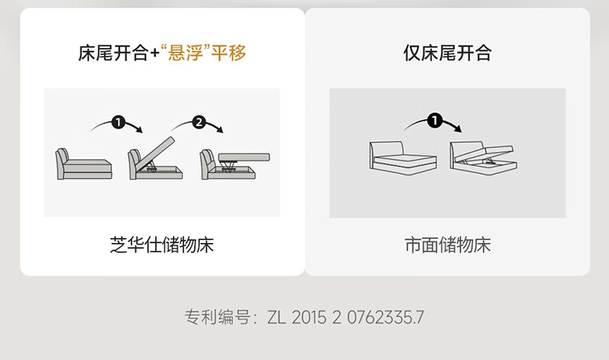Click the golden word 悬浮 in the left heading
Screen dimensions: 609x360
[x=185, y=53]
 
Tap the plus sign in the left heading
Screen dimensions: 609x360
[x=154, y=54]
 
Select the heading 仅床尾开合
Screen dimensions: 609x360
[x=447, y=53]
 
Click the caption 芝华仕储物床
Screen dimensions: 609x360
[x=162, y=245]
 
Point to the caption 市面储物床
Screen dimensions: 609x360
[x=447, y=245]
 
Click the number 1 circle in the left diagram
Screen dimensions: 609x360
[x=118, y=123]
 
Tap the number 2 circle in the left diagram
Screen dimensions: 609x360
[x=199, y=123]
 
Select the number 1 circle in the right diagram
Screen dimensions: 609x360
[x=434, y=120]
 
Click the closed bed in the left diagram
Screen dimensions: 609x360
[x=84, y=163]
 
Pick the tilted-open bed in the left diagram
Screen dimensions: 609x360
[x=155, y=159]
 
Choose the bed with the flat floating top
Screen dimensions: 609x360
[x=235, y=165]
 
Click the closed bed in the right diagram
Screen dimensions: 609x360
[x=403, y=158]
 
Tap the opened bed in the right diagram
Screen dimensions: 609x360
[x=484, y=158]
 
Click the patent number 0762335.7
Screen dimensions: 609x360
[x=385, y=317]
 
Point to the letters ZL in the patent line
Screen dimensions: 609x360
[x=277, y=317]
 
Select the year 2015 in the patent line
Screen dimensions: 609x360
[x=309, y=317]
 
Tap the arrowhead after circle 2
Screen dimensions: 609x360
[x=220, y=130]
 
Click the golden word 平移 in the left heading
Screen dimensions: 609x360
[x=228, y=53]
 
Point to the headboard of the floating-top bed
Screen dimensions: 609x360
[x=207, y=164]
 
